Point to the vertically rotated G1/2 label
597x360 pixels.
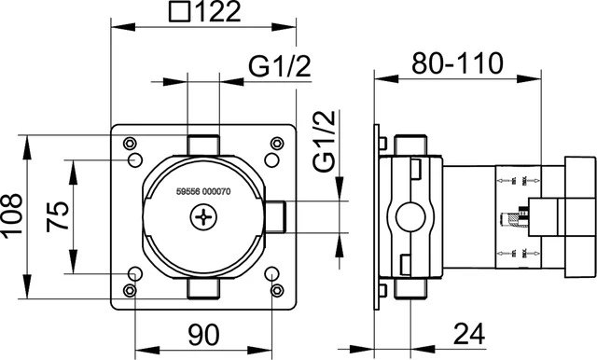pyautogui.click(x=324, y=140)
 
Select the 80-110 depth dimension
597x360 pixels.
pyautogui.click(x=457, y=63)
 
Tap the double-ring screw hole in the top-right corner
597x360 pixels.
pyautogui.click(x=276, y=144)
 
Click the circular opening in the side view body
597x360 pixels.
pyautogui.click(x=407, y=218)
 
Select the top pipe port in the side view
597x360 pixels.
pyautogui.click(x=407, y=145)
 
